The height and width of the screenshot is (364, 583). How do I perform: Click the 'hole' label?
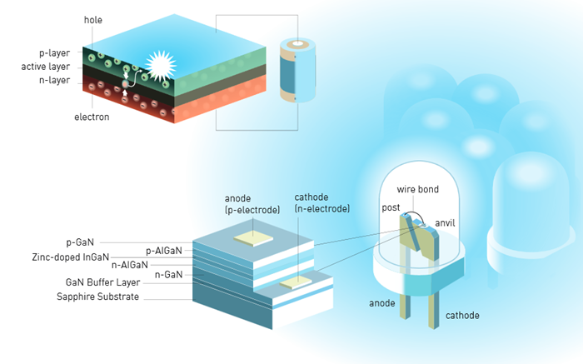(x=93, y=19)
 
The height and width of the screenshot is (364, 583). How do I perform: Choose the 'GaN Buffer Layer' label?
(x=98, y=282)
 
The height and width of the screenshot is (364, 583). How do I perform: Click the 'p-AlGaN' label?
(x=163, y=250)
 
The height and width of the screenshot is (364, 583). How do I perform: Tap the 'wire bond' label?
(x=416, y=190)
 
